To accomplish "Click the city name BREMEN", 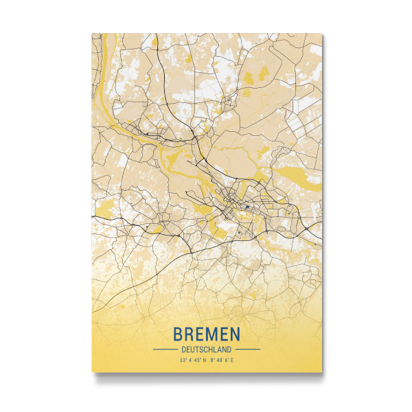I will click(x=207, y=334).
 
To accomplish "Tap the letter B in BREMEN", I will click(x=179, y=334).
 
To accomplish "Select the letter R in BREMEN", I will click(x=190, y=334).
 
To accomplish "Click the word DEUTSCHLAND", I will click(x=207, y=349).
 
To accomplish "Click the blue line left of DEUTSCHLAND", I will click(x=165, y=349).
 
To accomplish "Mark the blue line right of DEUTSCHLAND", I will click(x=248, y=349).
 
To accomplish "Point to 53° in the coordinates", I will click(x=183, y=360).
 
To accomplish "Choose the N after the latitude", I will click(x=204, y=360).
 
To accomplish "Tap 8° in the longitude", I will click(x=212, y=360).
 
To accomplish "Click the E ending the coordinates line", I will click(x=232, y=360).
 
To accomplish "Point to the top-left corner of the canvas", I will click(x=92, y=33).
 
